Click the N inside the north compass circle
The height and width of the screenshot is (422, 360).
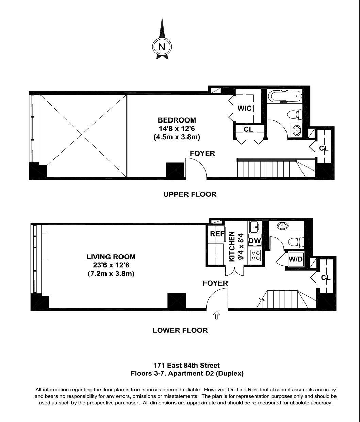[x=162, y=47]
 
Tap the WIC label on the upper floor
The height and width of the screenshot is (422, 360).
[x=244, y=108]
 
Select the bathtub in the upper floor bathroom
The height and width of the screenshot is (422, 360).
[x=284, y=96]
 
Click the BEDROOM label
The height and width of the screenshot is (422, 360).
[x=177, y=120]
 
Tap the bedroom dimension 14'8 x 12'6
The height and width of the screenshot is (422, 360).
[x=177, y=129]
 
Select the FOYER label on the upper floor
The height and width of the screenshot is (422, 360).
[x=202, y=153]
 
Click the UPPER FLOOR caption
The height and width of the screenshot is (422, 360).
[x=190, y=194]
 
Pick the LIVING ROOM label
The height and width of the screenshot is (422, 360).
[x=111, y=257]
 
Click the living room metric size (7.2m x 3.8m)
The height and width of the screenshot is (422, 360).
[x=111, y=273]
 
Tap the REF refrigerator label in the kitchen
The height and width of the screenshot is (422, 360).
[x=217, y=234]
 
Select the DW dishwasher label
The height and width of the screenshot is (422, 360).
[x=255, y=241]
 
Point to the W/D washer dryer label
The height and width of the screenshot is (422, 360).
[x=295, y=259]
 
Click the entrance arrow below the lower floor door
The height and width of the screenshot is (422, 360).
[x=216, y=315]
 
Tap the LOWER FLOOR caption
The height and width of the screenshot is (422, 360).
[x=180, y=330]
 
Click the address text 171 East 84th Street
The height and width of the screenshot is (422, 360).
[x=186, y=366]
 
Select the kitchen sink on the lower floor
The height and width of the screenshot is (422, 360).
[x=254, y=226]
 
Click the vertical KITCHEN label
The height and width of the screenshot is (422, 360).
[x=232, y=246]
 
